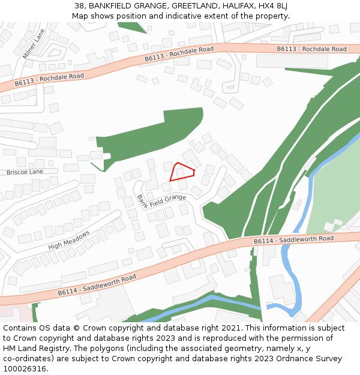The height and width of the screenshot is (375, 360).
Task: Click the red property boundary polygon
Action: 181,172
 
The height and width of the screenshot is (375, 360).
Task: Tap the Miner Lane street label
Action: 34,45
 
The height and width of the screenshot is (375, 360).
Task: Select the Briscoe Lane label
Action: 25,172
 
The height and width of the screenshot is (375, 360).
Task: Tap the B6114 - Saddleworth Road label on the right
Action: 293,239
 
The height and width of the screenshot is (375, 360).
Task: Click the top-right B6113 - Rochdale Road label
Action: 311,49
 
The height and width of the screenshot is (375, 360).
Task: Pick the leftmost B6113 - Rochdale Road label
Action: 49,80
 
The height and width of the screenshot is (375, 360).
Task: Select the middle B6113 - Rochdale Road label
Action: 179,54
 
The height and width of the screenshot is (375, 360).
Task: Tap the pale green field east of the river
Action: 336,192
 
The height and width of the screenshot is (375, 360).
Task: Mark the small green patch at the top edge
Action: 133,27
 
